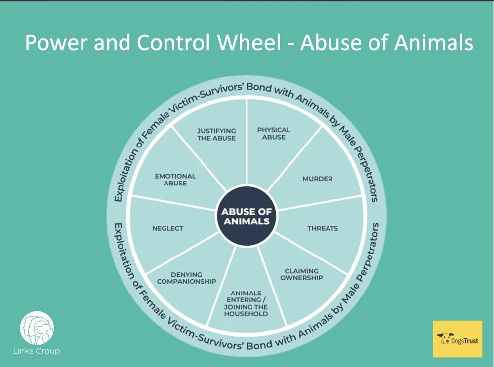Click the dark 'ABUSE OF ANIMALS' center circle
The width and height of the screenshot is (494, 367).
point(247,216)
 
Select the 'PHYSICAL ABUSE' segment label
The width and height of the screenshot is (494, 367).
point(274,133)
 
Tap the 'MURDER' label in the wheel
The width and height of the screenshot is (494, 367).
point(318,179)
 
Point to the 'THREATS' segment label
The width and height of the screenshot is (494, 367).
point(323,228)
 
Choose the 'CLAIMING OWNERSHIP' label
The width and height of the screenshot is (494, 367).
point(301,274)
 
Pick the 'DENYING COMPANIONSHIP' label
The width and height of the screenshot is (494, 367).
point(186,278)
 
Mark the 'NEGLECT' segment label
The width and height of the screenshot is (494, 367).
point(167,228)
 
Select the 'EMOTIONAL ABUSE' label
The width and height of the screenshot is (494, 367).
point(175,179)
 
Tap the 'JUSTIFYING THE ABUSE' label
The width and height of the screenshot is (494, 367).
point(216,134)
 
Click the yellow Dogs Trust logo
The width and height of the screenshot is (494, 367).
point(457,339)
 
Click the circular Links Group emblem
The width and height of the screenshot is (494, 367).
point(37,328)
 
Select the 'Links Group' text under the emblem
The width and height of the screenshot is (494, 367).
point(37,351)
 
